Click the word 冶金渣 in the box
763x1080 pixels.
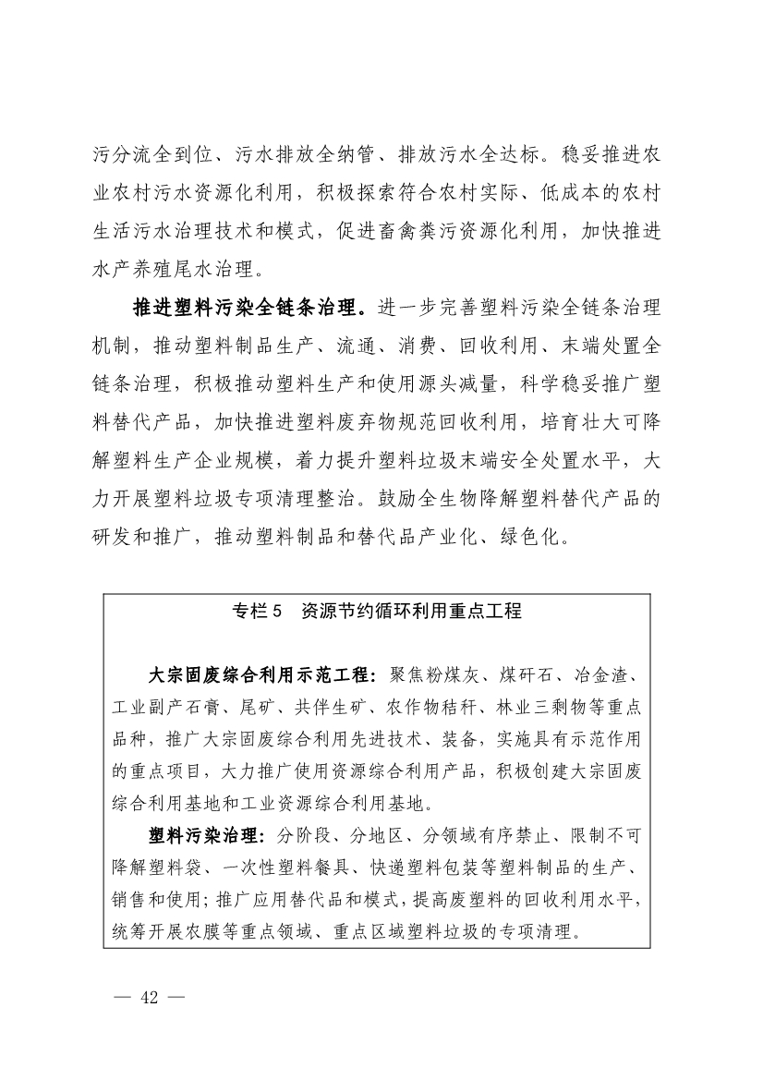tap(599, 673)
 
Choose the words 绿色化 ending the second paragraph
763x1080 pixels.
tap(546, 534)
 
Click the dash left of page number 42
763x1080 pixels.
tap(123, 997)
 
